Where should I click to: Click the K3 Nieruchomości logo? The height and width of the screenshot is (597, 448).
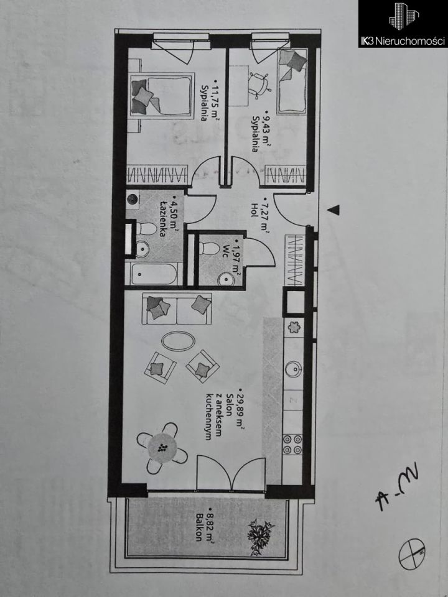(x=403, y=24)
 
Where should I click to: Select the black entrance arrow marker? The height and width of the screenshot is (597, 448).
(x=334, y=210)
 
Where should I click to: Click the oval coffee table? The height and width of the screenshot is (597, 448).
(x=178, y=340)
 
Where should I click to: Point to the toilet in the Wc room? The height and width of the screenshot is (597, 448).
(x=210, y=249)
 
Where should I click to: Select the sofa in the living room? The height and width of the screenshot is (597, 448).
(x=177, y=308)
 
